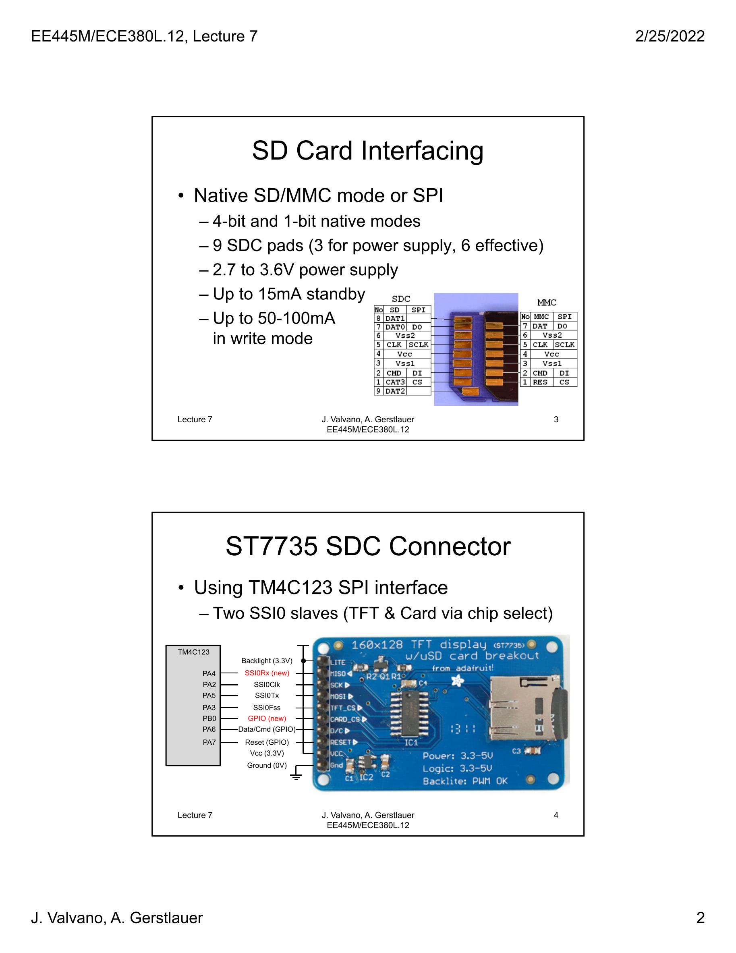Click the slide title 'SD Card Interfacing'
coord(367,151)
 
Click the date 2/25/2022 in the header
coord(670,36)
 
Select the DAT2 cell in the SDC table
coord(395,391)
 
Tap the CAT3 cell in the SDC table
coord(395,382)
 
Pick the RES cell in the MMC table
coord(540,382)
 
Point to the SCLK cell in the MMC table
coord(564,345)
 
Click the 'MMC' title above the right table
coord(547,302)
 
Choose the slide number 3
coord(556,419)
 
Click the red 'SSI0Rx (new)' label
coord(267,673)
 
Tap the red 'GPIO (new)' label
coord(267,718)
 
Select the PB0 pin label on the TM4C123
coord(209,718)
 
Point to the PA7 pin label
coord(209,742)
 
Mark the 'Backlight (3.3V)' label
coord(267,660)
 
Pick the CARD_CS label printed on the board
coord(345,719)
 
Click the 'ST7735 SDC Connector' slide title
coord(368,546)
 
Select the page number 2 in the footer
coord(700,918)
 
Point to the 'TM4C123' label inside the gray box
coord(193,652)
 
